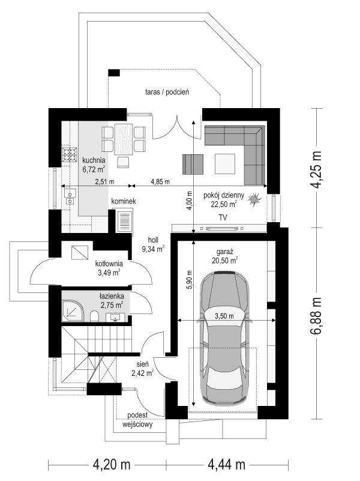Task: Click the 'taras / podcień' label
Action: pyautogui.click(x=167, y=92)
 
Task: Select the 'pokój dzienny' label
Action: pyautogui.click(x=223, y=195)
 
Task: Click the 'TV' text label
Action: pyautogui.click(x=223, y=217)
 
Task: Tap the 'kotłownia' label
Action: pyautogui.click(x=109, y=264)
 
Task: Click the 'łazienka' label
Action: pyautogui.click(x=112, y=297)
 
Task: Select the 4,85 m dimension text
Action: pyautogui.click(x=160, y=181)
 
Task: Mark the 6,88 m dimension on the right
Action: pyautogui.click(x=318, y=318)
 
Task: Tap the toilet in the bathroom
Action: pyautogui.click(x=95, y=316)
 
